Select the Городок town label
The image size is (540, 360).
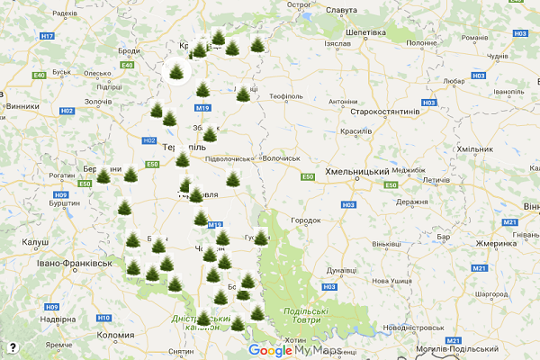[306, 220]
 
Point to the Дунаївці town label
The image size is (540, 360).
[341, 269]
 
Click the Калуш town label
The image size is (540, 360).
[35, 242]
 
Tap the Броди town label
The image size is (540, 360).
[129, 52]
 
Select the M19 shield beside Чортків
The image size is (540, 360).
[215, 225]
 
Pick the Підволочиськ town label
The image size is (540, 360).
[229, 158]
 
